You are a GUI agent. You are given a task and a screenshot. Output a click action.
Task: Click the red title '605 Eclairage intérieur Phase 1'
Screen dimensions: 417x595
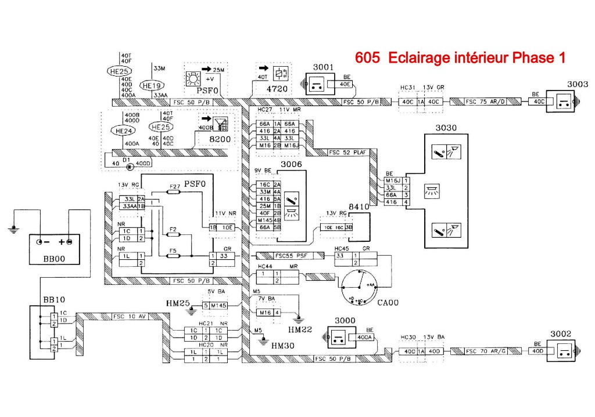(x=459, y=58)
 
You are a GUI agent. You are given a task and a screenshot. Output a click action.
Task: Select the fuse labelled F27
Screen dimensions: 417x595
(x=174, y=193)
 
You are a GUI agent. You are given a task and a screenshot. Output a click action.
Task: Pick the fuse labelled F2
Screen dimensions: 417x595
(x=172, y=234)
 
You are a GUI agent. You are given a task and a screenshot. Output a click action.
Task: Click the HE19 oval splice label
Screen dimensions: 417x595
(x=152, y=84)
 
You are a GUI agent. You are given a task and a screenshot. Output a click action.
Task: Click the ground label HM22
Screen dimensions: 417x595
(x=300, y=329)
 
